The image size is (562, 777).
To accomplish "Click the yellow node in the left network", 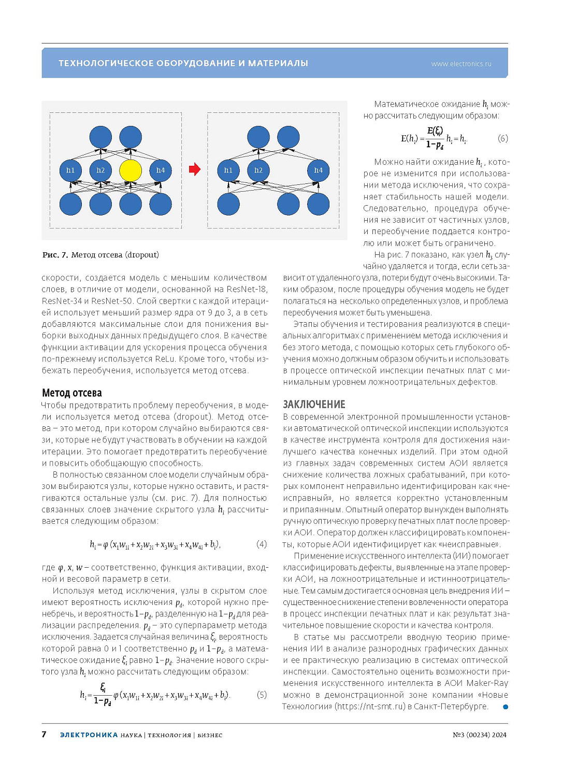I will coord(131,170).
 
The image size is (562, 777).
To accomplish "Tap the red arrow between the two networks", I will coord(194,169).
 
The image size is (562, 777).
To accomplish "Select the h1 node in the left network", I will coord(70,170).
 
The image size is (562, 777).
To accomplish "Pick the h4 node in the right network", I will coord(318,170).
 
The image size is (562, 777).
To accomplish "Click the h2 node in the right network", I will coord(258,170).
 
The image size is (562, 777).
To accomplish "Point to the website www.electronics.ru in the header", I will coord(461,64).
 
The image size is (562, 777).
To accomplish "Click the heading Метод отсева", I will coord(72,393).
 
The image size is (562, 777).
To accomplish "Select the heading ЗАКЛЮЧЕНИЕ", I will coord(314,404).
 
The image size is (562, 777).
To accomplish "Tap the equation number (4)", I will coord(262,544).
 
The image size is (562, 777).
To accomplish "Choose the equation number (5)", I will coord(262,695).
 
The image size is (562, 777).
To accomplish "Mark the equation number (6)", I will coord(502,138).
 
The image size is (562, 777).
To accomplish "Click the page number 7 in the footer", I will coord(44,735).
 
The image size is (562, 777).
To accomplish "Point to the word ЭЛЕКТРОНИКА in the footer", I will coord(89,735).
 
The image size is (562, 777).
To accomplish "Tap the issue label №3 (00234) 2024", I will coord(480,735).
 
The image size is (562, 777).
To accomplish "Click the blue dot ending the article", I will coord(506,707).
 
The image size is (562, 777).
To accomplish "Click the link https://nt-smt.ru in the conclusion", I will coord(371,707).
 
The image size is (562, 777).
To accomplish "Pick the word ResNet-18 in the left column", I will coord(249,289).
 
